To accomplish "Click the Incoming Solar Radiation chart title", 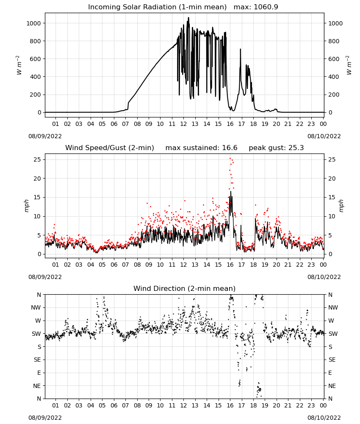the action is pos(157,7).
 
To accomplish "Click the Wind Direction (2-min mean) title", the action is pos(185,288).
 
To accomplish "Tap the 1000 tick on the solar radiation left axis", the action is pos(33,23).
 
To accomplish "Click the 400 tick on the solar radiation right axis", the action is pos(334,77).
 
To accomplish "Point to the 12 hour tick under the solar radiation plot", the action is pos(183,124).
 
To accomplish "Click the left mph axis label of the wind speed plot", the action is pos(26,206).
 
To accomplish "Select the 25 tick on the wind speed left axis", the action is pos(38,159).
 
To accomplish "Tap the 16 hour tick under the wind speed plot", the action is pos(230,265).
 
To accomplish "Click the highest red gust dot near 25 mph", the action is pos(230,159).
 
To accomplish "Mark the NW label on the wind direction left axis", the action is pos(36,308).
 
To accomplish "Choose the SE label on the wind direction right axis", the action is pos(332,360).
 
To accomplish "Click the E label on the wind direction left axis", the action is pos(39,373).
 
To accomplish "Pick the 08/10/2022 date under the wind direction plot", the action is pos(324,418).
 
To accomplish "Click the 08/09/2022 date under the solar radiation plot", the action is pos(45,136).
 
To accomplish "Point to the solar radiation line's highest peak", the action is pos(188,18).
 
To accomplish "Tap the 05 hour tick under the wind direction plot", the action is pos(102,406).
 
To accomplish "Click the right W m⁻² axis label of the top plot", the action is pos(349,65).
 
